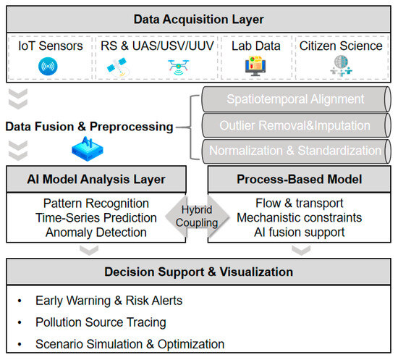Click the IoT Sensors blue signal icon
[48, 67]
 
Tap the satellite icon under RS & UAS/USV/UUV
[118, 67]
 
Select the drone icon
[179, 67]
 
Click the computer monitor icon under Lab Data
[255, 66]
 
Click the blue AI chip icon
[88, 149]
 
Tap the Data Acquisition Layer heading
[198, 20]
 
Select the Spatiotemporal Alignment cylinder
[296, 99]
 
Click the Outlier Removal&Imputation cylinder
[296, 125]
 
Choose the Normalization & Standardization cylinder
[296, 151]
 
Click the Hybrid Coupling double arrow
[198, 217]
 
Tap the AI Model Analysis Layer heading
[96, 180]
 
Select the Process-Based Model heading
[300, 179]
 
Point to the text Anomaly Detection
[96, 233]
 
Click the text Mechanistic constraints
[300, 218]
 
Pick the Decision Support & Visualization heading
[198, 272]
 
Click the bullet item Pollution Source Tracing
[101, 322]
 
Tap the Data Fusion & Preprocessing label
[89, 127]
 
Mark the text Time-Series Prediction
[96, 218]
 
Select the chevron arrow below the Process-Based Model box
[301, 250]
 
